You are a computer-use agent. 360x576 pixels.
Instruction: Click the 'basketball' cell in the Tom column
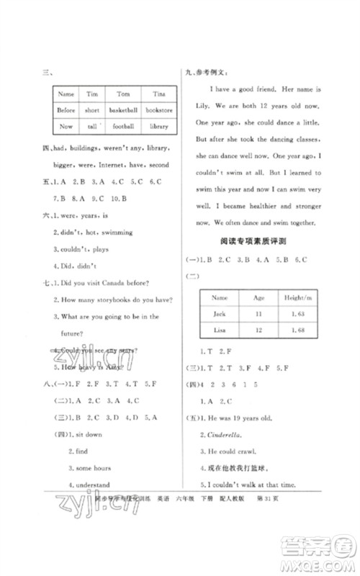click(x=123, y=110)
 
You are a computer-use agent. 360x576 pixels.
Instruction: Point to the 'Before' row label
click(x=66, y=110)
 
